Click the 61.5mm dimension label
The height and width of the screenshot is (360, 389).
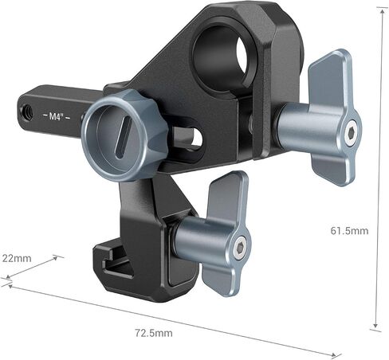[x=349, y=230]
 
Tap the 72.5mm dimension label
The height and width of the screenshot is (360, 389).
[x=154, y=333]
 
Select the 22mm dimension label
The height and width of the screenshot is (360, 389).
[x=17, y=258]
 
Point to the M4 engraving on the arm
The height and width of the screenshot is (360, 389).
[x=57, y=116]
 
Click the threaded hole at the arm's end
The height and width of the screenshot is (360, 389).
[x=28, y=112]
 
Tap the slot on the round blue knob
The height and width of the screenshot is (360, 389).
[x=123, y=139]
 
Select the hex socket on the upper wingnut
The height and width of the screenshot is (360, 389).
[x=351, y=131]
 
